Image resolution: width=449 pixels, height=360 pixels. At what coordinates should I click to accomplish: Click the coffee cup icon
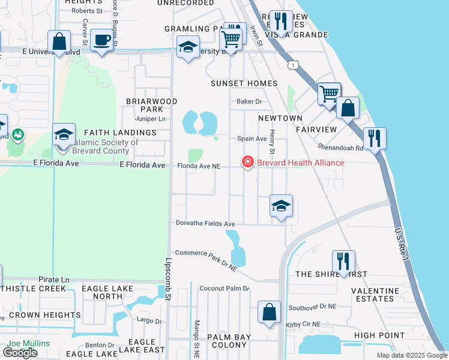pyautogui.click(x=101, y=40)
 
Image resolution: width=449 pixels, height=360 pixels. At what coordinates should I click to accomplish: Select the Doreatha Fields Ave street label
pyautogui.click(x=205, y=224)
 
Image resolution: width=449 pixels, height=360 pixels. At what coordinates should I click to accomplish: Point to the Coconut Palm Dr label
pyautogui.click(x=224, y=289)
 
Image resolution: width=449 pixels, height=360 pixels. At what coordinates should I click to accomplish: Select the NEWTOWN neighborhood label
pyautogui.click(x=280, y=119)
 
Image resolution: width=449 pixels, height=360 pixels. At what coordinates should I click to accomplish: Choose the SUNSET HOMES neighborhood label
pyautogui.click(x=244, y=83)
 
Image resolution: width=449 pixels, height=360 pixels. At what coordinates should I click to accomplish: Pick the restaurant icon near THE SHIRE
pyautogui.click(x=343, y=261)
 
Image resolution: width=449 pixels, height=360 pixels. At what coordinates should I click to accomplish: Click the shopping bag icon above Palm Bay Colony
pyautogui.click(x=269, y=312)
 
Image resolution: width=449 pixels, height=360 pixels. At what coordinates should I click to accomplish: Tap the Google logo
pyautogui.click(x=20, y=353)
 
